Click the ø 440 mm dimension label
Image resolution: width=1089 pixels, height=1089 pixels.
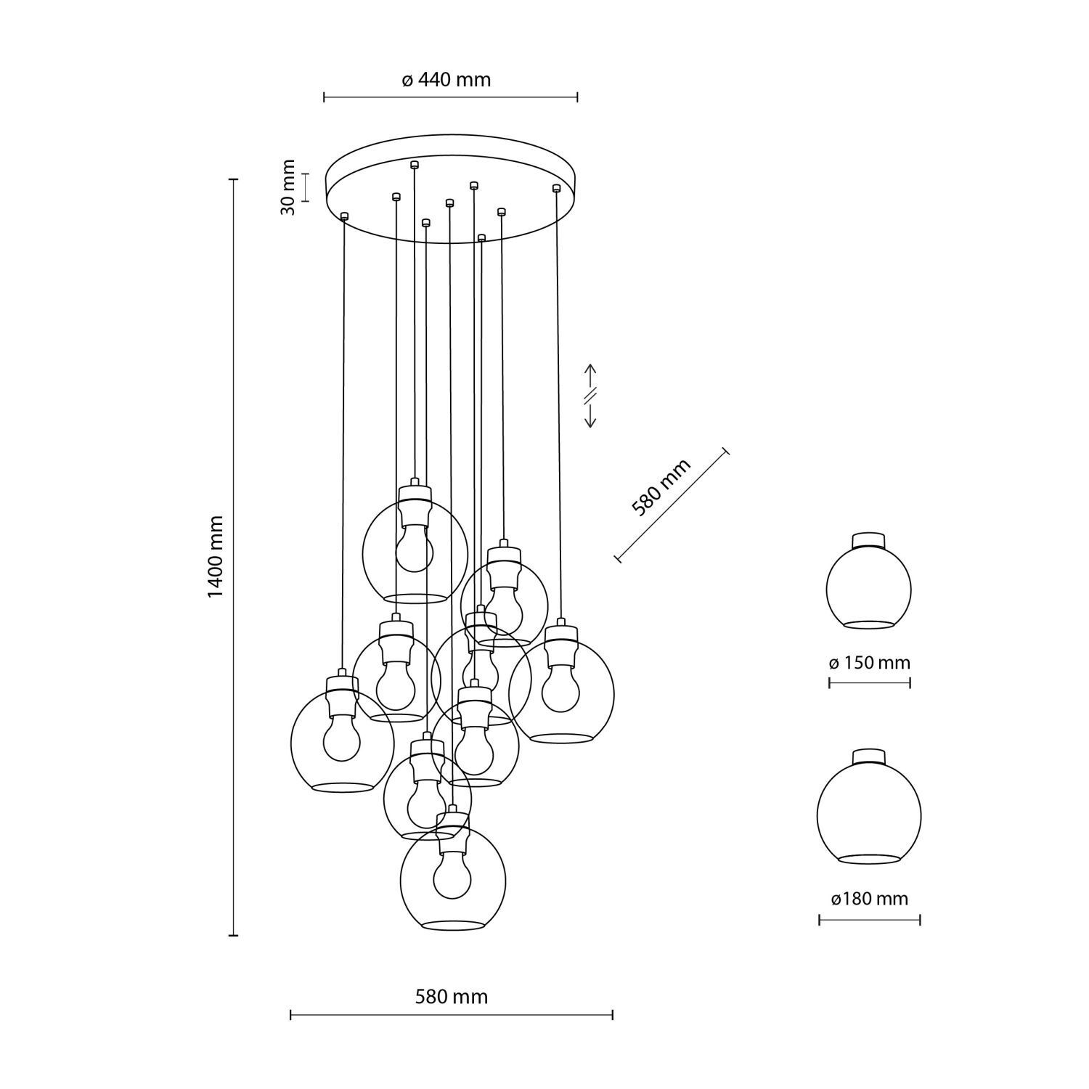[446, 80]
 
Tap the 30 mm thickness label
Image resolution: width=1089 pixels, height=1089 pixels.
[288, 187]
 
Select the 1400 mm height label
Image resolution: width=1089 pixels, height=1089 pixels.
[216, 557]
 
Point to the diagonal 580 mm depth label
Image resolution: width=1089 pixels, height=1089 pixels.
[661, 488]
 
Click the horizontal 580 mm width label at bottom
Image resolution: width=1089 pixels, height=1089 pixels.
[451, 997]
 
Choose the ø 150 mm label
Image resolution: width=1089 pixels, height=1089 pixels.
[869, 663]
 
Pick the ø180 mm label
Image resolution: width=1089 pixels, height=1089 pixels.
[869, 899]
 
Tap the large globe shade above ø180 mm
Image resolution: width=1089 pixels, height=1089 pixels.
[869, 813]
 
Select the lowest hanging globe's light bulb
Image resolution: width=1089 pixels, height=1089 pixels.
[452, 876]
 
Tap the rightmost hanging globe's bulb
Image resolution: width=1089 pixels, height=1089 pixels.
[560, 690]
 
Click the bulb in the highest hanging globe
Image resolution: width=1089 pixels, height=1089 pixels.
[415, 550]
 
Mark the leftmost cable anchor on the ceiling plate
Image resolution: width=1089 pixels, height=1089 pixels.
[344, 215]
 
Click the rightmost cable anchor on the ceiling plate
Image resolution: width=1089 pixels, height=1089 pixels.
[556, 188]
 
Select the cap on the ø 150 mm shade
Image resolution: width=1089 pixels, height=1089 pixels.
[869, 540]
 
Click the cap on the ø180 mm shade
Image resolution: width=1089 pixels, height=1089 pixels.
[869, 756]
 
